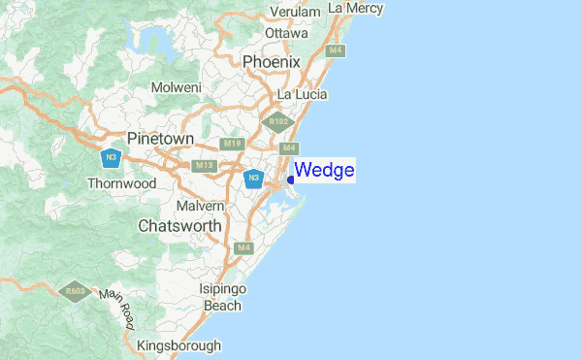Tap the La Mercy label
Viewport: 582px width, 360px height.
point(356,8)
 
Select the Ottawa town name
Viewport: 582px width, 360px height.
point(286,32)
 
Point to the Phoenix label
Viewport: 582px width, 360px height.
point(273,62)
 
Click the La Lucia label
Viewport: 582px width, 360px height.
point(302,94)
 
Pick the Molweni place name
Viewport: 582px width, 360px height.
point(176,87)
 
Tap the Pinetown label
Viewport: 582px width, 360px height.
point(160,139)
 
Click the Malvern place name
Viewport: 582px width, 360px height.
point(201,206)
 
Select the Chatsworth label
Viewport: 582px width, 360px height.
point(179,226)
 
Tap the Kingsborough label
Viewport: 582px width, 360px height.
point(179,344)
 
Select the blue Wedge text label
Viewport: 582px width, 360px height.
point(324,171)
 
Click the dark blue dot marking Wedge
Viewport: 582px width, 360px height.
point(291,179)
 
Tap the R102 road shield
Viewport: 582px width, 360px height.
point(280,122)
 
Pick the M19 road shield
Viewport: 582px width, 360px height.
point(231,145)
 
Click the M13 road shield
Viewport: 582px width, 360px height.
point(204,166)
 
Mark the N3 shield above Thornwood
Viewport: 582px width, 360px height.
point(114,156)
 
